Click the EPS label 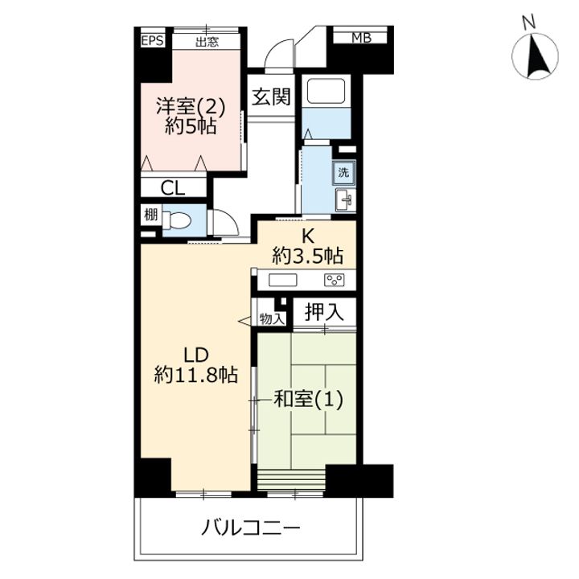[x=153, y=40]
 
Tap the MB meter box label [x=361, y=38]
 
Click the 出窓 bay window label [x=207, y=42]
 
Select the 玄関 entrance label [x=272, y=96]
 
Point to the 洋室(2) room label [x=191, y=107]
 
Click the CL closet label [x=172, y=189]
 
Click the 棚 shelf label [x=150, y=214]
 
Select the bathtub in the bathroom [x=326, y=90]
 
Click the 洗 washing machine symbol [x=343, y=172]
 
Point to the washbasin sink [x=346, y=200]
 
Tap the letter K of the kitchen [x=307, y=236]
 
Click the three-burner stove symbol [x=335, y=280]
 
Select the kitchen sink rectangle [x=282, y=280]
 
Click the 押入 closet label [x=324, y=312]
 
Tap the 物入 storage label [x=272, y=318]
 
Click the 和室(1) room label [x=308, y=399]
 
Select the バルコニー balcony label [x=251, y=528]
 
